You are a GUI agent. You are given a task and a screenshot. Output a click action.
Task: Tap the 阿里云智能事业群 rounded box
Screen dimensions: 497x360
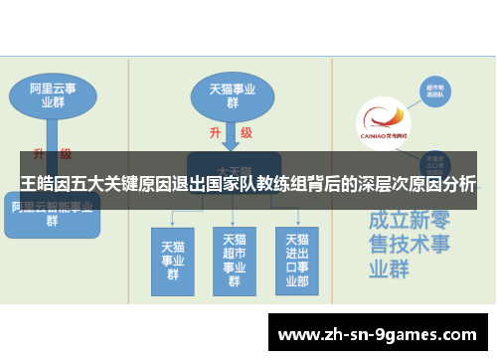(x=52, y=215)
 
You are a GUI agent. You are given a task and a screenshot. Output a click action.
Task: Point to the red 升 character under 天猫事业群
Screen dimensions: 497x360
(x=215, y=132)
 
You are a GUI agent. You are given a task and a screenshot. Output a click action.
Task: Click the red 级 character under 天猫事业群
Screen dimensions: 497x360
(x=246, y=132)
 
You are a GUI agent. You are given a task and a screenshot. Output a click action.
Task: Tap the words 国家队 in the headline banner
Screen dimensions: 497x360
(x=250, y=184)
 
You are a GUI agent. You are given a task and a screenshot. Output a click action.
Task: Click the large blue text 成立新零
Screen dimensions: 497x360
(x=407, y=220)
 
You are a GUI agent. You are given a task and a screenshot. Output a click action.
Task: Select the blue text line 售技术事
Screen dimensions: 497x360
(x=407, y=244)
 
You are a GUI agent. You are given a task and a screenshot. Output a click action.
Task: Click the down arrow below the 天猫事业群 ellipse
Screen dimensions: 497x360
(x=231, y=134)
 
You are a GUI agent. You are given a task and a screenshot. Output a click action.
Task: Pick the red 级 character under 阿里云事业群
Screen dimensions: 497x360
(x=66, y=154)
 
